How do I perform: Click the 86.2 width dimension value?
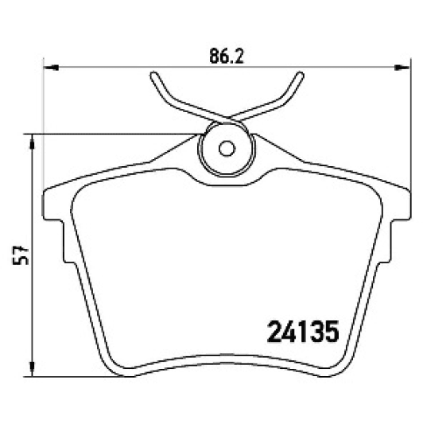pyautogui.click(x=226, y=57)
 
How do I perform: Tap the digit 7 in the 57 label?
pyautogui.click(x=24, y=248)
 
